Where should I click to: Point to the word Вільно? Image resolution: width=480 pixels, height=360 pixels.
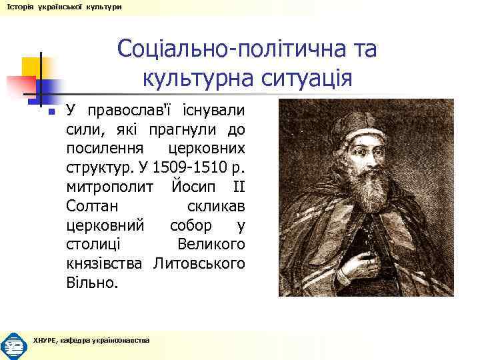93,283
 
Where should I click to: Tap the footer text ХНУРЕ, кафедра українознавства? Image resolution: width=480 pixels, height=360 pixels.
91,340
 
